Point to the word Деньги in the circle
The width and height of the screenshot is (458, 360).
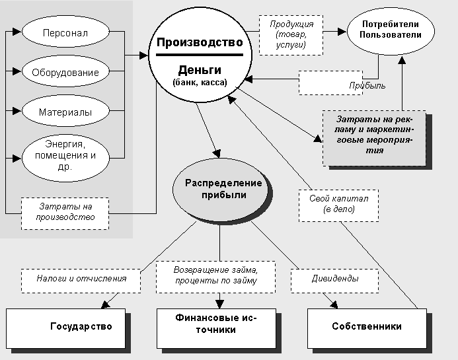(199, 70)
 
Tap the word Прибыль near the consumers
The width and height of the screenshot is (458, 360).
(367, 86)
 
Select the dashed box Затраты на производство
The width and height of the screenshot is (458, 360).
(65, 212)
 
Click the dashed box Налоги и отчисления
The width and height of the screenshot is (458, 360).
(82, 279)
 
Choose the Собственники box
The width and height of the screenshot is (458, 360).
(367, 326)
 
